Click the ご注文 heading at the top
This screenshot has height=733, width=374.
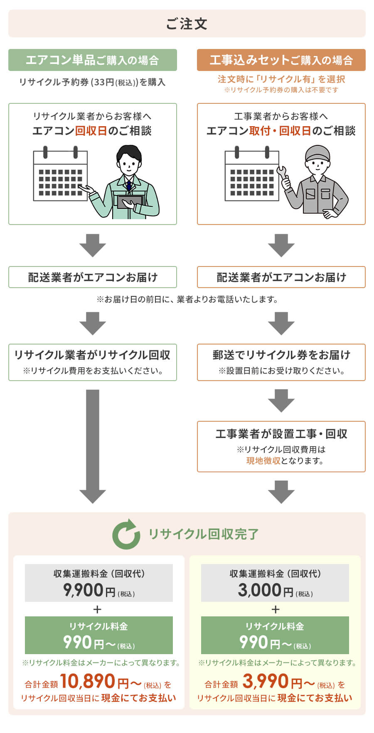tap(187, 24)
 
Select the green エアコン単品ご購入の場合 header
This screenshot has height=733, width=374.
tap(92, 60)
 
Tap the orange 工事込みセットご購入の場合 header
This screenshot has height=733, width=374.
tap(281, 60)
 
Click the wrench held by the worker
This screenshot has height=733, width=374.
tap(283, 174)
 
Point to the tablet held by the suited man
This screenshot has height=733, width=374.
tap(129, 202)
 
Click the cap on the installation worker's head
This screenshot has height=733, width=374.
tap(317, 153)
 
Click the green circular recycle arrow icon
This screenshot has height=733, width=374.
tap(126, 534)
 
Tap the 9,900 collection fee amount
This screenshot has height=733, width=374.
tap(83, 590)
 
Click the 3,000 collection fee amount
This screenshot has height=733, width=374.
tap(260, 590)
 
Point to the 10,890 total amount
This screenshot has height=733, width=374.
tap(88, 681)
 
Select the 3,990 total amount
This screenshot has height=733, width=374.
tap(266, 681)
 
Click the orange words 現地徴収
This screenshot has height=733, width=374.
tap(263, 461)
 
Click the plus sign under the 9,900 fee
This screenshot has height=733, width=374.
tap(98, 609)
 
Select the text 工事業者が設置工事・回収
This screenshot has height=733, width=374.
tap(281, 434)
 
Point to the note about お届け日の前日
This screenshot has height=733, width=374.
tap(187, 299)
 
